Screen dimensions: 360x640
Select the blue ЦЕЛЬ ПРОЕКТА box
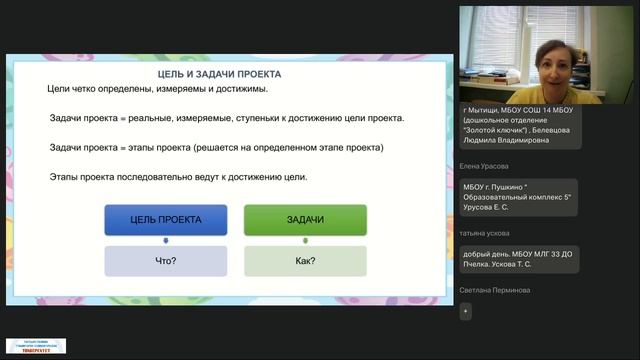tap(166, 219)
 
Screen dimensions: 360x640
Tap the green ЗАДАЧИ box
tap(305, 219)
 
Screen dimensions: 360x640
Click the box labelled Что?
tap(166, 261)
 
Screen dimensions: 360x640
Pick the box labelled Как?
tap(305, 261)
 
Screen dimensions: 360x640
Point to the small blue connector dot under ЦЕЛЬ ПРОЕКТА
tap(166, 240)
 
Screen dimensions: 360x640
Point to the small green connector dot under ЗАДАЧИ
tap(305, 240)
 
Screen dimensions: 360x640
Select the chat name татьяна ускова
tap(485, 232)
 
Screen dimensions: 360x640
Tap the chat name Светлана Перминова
tap(495, 290)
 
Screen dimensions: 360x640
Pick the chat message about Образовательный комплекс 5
tap(520, 199)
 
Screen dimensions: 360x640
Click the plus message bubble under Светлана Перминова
tap(465, 311)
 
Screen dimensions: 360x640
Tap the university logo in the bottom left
tap(36, 345)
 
